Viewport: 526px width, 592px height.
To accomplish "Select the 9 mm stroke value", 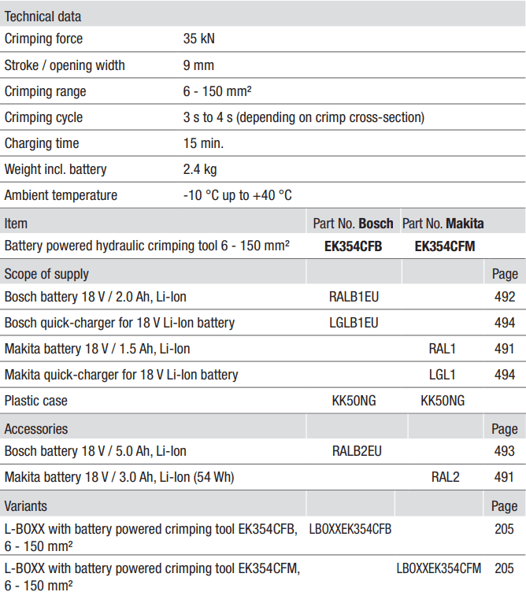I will pos(198,65).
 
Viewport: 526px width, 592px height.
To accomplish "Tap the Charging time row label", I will pos(42,143).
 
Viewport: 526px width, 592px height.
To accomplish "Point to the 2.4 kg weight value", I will pos(200,169).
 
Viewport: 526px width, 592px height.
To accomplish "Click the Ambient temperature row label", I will pos(61,195).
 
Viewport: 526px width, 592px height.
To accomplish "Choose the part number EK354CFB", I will pos(353,246).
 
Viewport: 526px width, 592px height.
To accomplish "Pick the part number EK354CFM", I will pos(445,246).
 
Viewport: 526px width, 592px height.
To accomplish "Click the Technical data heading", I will pos(43,16).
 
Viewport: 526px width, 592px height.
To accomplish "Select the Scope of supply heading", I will pos(46,274).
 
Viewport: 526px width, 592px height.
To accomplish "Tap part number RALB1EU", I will pos(354,298).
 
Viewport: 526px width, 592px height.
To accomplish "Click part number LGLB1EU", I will pos(354,323).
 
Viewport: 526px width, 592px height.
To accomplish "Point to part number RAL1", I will pos(443,349).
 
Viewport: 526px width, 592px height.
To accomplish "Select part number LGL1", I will pos(443,375).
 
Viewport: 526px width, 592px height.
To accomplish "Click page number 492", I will pos(505,298).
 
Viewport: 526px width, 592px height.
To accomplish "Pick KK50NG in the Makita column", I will pos(443,401).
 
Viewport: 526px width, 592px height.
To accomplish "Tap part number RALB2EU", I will pos(357,451).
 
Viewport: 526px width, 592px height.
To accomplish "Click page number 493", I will pos(505,451).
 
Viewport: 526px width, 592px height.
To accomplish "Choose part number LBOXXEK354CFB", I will pos(350,529).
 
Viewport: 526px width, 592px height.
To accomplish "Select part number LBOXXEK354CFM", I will pos(439,568).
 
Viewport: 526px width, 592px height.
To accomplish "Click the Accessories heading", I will pos(36,429).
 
